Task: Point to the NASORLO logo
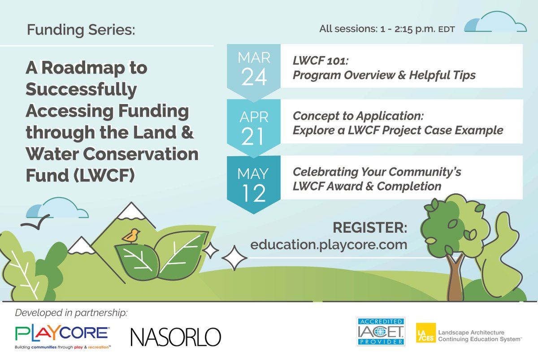pyautogui.click(x=176, y=337)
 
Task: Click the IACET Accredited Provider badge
pyautogui.click(x=381, y=332)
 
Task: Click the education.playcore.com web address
pyautogui.click(x=329, y=245)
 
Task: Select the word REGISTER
pyautogui.click(x=370, y=227)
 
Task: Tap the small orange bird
pyautogui.click(x=131, y=235)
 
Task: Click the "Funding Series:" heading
pyautogui.click(x=80, y=30)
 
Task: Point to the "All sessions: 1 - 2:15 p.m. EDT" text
pyautogui.click(x=387, y=29)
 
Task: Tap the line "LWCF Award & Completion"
pyautogui.click(x=367, y=185)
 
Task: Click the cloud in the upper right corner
pyautogui.click(x=495, y=23)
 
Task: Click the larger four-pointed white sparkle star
pyautogui.click(x=234, y=257)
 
